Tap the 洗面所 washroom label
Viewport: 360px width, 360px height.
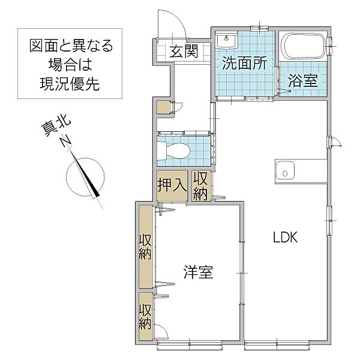(244, 64)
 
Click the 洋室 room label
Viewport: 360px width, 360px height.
(198, 273)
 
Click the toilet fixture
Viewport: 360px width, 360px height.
(175, 149)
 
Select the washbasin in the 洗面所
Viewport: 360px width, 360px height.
(227, 41)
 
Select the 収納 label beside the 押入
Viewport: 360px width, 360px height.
(200, 185)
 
